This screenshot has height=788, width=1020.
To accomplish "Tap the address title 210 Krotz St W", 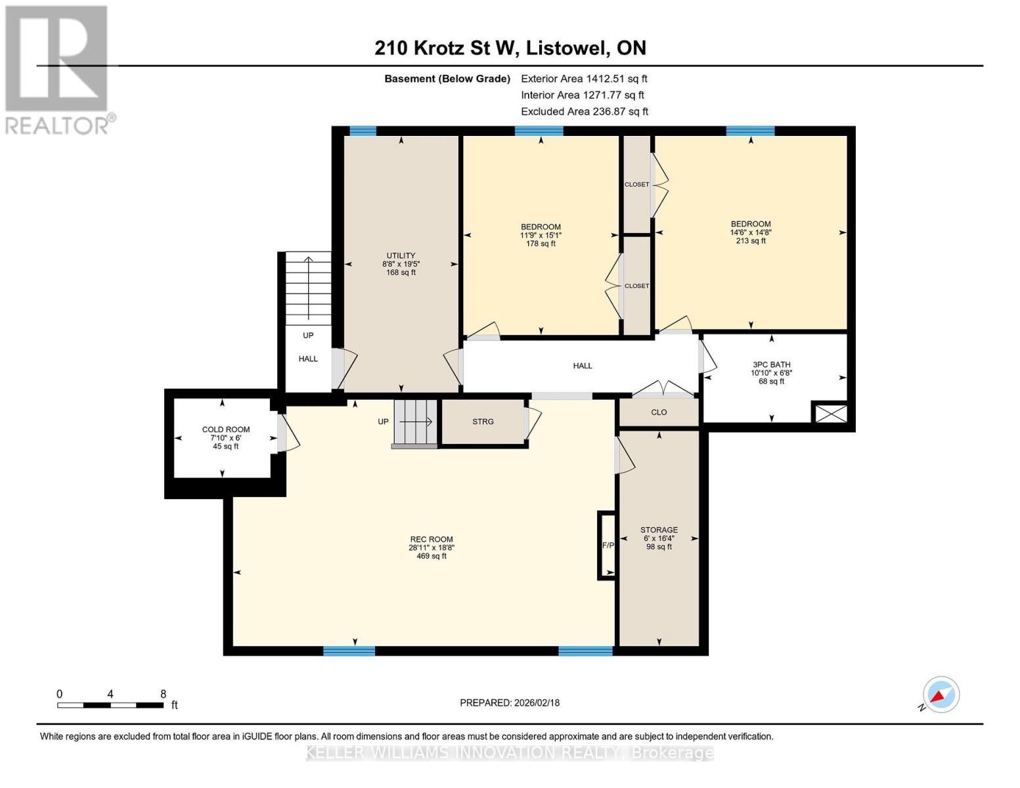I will click(x=510, y=48).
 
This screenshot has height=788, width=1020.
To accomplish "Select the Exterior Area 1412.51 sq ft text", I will click(x=584, y=78).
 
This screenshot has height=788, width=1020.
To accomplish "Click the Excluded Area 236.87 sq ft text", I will click(x=584, y=112).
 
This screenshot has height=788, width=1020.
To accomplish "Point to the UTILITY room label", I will click(x=401, y=263).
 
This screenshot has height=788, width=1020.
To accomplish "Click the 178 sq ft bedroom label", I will click(x=541, y=235).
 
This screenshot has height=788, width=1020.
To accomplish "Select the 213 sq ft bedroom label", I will click(x=751, y=232).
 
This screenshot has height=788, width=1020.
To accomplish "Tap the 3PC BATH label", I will click(x=771, y=372).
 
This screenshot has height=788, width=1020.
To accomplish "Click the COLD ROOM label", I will click(x=225, y=437).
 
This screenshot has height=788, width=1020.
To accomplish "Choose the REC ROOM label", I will click(x=432, y=548).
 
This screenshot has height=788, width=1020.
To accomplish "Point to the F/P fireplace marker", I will click(x=608, y=545).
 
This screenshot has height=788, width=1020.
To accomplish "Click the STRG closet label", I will click(x=483, y=422).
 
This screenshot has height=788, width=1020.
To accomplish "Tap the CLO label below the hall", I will click(x=659, y=412).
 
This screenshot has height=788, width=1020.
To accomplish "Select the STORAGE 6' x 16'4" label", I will click(x=659, y=538).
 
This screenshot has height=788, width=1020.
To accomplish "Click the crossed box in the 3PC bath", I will click(x=830, y=413).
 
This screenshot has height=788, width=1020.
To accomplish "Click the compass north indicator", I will click(x=941, y=695).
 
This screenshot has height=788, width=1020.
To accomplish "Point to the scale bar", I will click(x=110, y=705).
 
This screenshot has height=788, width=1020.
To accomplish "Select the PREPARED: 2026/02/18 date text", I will click(x=510, y=703).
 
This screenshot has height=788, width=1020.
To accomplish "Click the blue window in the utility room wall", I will click(x=363, y=131).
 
